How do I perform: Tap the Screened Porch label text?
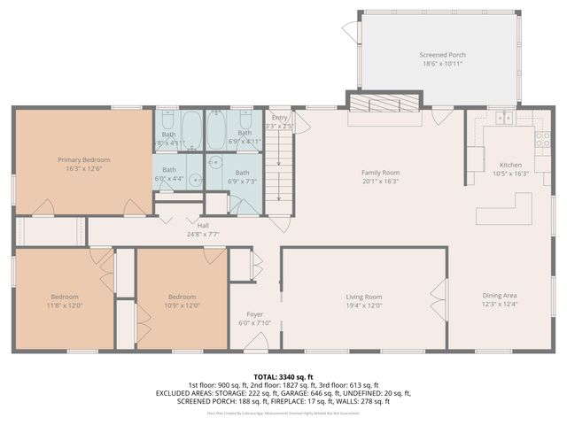[442, 55]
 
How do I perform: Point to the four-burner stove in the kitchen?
[541, 138]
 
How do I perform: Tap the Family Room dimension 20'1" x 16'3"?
[380, 182]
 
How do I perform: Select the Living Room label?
[363, 297]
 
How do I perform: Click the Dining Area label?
[499, 295]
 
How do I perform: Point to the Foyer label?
[254, 314]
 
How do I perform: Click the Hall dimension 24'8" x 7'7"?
[203, 235]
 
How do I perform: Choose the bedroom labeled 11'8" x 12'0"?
[65, 301]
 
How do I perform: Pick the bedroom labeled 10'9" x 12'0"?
[182, 301]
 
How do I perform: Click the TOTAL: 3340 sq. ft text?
[283, 377]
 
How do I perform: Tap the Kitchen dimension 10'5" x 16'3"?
[510, 174]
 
